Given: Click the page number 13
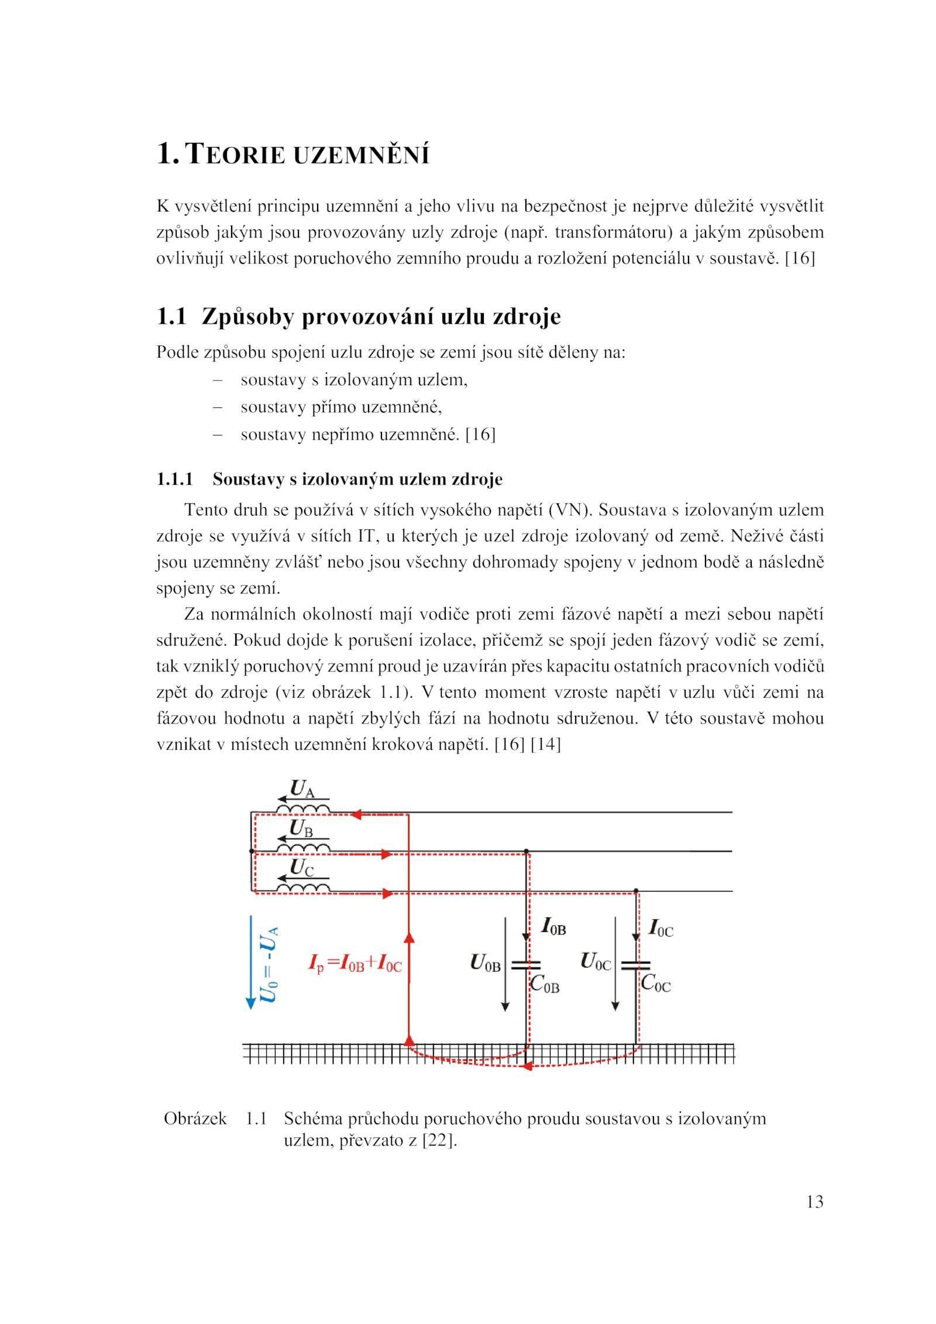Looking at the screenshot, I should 814,1202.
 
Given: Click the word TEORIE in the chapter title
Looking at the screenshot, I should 235,154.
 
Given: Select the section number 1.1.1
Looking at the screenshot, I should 174,479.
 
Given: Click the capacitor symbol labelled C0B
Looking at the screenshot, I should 525,965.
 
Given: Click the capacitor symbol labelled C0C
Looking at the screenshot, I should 635,965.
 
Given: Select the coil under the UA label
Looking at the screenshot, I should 303,810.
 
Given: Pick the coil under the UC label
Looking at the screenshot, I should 303,889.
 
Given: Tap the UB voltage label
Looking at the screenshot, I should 301,829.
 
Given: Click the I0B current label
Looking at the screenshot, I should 553,927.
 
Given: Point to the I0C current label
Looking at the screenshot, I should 661,928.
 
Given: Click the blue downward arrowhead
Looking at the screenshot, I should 251,1004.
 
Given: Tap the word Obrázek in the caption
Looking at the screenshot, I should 195,1119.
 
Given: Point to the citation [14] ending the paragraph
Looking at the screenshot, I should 545,744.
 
